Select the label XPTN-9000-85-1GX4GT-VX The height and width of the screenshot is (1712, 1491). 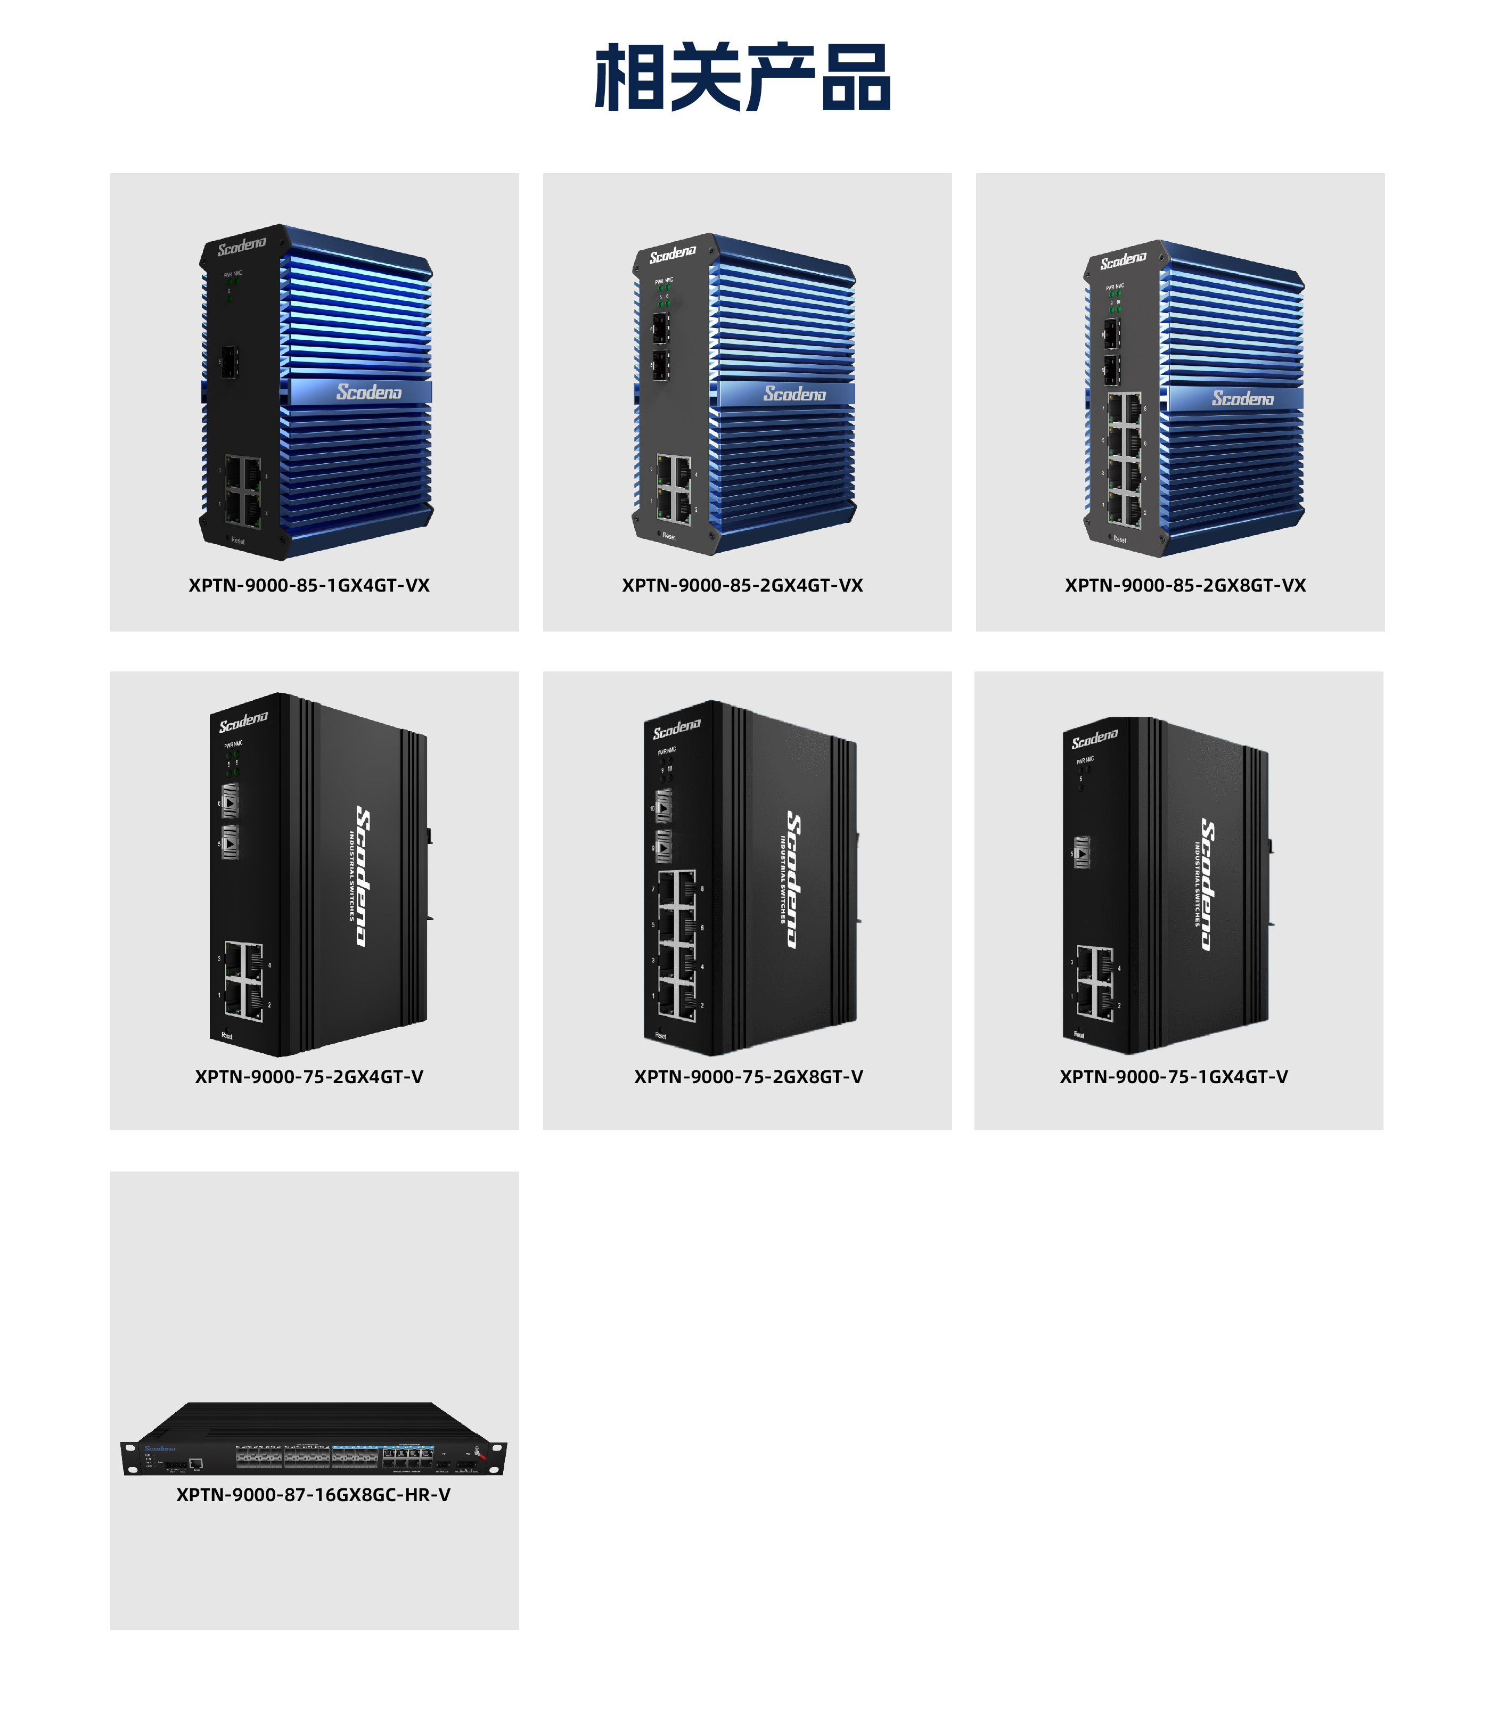click(309, 586)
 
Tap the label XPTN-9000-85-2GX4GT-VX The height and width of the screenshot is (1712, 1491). click(742, 586)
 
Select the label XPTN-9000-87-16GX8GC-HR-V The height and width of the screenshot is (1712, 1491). click(313, 1495)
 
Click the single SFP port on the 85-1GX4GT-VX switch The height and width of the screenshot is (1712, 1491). click(229, 362)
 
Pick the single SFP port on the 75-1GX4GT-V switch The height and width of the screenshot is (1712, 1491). click(1082, 853)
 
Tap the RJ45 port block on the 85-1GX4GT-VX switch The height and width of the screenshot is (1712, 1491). click(243, 491)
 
